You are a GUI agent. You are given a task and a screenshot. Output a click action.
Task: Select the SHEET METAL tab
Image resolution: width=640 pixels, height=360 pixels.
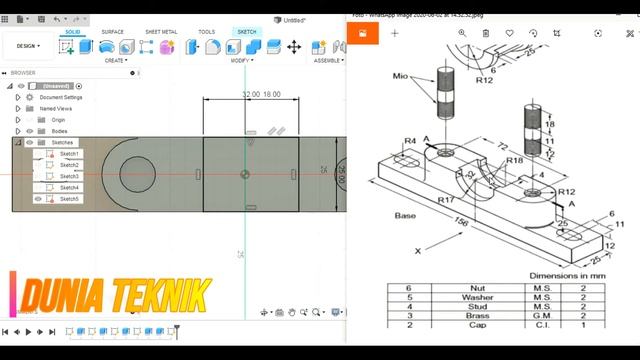[x=161, y=32]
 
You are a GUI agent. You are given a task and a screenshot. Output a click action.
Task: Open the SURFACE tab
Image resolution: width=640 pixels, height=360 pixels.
[x=113, y=32]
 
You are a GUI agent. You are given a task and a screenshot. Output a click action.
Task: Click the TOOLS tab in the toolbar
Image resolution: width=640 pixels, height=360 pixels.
[x=206, y=32]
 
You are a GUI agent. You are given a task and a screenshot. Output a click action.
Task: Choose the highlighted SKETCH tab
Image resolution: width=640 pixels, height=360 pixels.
[x=246, y=32]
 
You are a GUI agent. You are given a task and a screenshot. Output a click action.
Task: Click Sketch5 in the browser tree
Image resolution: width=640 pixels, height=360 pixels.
[x=69, y=199]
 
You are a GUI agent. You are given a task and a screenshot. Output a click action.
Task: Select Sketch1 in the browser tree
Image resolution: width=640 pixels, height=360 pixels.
[x=69, y=154]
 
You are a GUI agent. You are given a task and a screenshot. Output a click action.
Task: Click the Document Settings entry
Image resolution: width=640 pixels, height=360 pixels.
[x=61, y=97]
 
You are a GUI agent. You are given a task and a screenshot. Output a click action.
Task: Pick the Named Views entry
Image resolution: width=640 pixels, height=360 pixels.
[x=56, y=108]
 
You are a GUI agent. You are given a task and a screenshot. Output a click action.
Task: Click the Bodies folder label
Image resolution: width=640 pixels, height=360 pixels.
[x=59, y=131]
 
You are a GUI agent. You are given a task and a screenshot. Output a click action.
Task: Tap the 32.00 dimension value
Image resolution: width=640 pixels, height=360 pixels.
[x=250, y=94]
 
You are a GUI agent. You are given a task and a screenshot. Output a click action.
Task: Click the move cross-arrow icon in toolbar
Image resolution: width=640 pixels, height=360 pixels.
[x=294, y=47]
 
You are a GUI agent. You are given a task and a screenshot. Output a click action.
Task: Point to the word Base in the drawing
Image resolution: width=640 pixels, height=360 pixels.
[x=405, y=215]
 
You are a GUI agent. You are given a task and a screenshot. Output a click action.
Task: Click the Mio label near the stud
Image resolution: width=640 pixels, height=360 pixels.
[x=401, y=75]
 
